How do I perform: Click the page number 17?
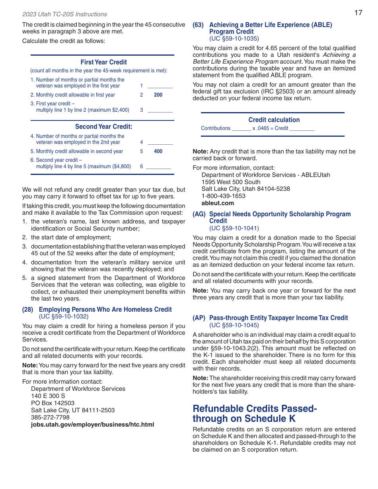coord(358,13)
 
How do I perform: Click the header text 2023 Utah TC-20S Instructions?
coord(64,14)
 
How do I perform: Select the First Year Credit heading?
coord(103,62)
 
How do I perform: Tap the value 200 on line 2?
coord(158,95)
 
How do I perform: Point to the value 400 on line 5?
coord(158,151)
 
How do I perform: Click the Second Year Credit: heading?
coord(103,127)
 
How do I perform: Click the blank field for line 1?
coord(160,85)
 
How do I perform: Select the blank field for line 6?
coord(158,167)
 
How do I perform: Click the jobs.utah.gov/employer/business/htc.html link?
coord(92,425)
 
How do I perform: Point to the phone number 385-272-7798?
coord(50,417)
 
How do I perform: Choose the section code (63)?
coord(198,25)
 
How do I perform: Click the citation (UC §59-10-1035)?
coord(234,39)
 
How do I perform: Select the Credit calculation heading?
coord(274,120)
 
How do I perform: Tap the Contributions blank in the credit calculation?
coord(241,128)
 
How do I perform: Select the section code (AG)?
coord(199,214)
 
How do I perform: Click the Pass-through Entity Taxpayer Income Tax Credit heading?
coord(279,318)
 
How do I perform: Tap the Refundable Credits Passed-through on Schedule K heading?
coord(255,413)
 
